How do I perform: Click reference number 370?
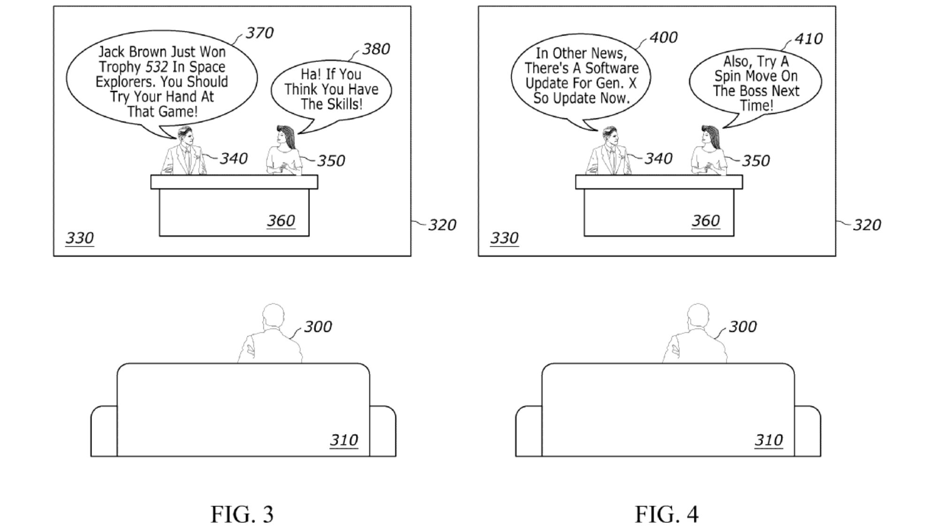[260, 33]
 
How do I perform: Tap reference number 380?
[376, 49]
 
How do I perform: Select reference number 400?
[663, 38]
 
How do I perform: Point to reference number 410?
[808, 38]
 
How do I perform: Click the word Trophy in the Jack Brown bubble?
[119, 67]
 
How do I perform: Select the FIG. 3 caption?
[242, 514]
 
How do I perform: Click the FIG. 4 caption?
[667, 514]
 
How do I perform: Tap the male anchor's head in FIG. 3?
[184, 136]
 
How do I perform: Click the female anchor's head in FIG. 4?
[709, 136]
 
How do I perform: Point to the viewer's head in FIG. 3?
[273, 314]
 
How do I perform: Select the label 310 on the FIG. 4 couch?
[769, 440]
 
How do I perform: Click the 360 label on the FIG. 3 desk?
[281, 221]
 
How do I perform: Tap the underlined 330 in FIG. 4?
[504, 238]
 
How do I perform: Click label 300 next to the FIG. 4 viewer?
[742, 327]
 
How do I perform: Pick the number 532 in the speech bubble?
[156, 67]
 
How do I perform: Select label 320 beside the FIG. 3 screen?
[442, 225]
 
